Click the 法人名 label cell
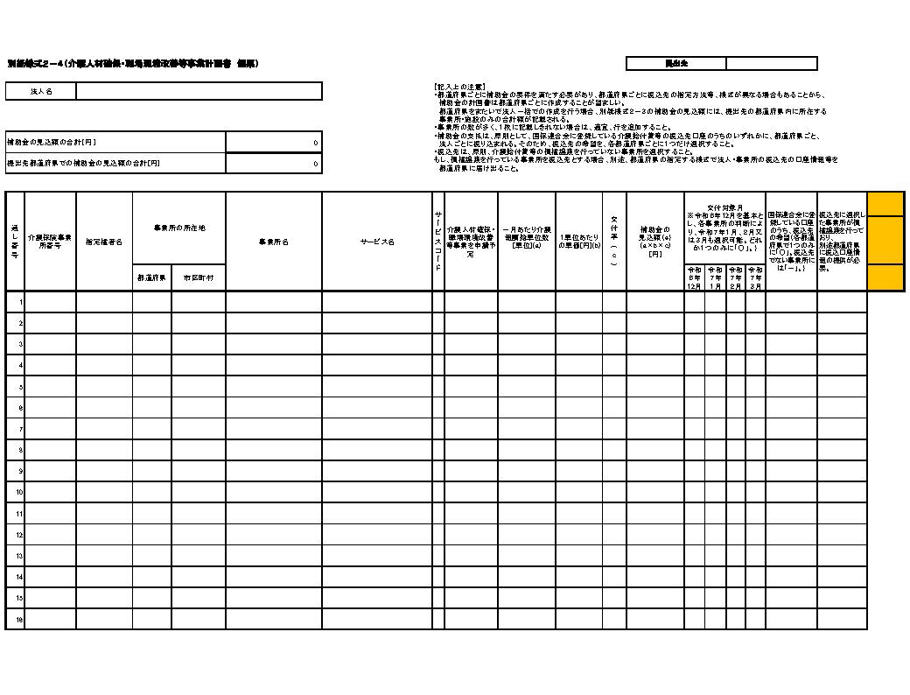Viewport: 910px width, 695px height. pos(41,91)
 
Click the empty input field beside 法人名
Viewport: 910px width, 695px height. pos(199,91)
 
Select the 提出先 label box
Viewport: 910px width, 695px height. pos(676,64)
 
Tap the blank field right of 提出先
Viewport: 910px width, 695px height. pos(771,64)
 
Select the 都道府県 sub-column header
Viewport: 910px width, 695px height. pos(152,277)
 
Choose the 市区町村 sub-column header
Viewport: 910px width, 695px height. pos(199,277)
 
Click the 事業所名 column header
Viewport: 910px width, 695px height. pos(274,242)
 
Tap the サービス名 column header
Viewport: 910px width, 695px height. pos(377,242)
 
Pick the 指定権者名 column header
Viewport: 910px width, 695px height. pos(104,242)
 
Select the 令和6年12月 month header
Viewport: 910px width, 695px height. pos(695,277)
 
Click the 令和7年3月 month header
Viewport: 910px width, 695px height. pos(756,277)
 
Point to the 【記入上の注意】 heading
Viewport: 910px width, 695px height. pos(460,86)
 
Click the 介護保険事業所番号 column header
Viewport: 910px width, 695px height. pos(50,242)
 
